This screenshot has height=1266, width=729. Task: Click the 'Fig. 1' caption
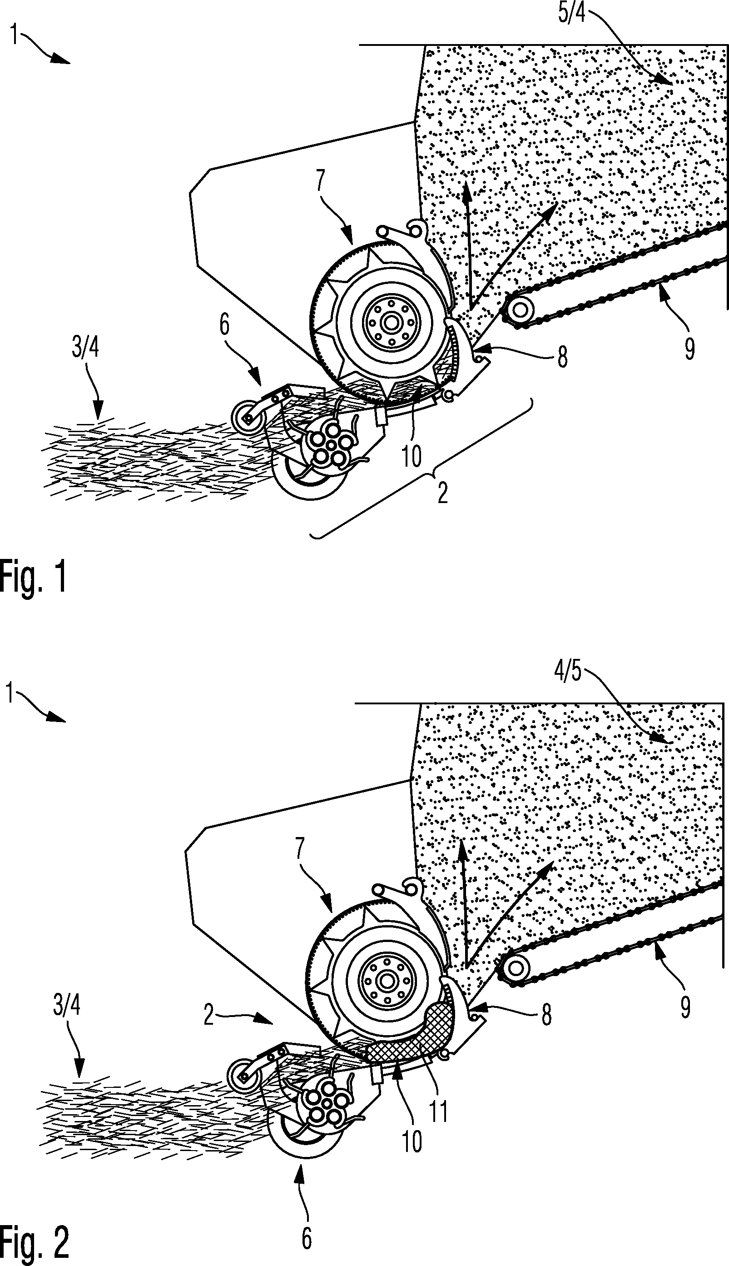(x=33, y=578)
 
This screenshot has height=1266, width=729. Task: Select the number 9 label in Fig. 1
(x=689, y=349)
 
